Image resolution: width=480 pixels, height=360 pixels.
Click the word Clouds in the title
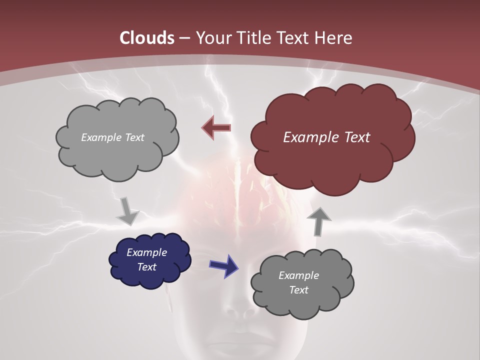click(147, 38)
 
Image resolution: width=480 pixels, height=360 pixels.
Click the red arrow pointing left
click(216, 127)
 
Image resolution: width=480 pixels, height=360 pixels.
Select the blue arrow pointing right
click(223, 265)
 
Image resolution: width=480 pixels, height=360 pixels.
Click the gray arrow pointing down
click(127, 211)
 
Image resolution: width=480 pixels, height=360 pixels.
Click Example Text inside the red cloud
click(326, 137)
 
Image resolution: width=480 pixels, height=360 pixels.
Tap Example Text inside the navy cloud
click(147, 259)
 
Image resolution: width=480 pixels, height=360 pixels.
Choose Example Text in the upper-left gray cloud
click(112, 137)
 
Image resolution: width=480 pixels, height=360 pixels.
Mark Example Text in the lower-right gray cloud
click(298, 282)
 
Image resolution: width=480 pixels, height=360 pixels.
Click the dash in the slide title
click(183, 38)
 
